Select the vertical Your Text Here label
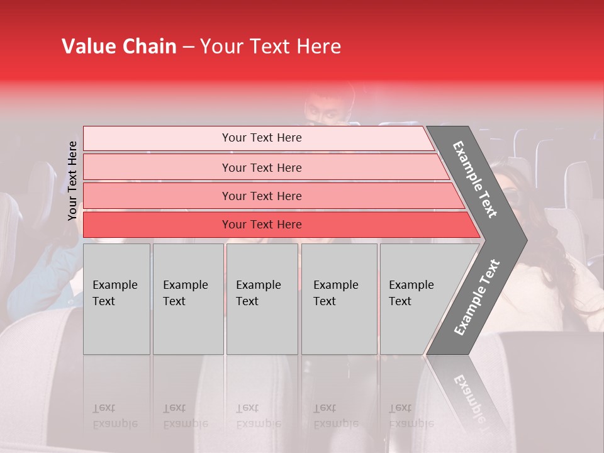tap(72, 181)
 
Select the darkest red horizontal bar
tap(157, 225)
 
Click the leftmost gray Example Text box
tap(116, 299)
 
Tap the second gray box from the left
tap(188, 299)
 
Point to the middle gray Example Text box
tap(262, 299)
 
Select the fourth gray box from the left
tap(339, 299)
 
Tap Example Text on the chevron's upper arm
tap(476, 179)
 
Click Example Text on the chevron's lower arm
tap(477, 297)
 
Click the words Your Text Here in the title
tap(271, 47)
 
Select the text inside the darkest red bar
tap(262, 225)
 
